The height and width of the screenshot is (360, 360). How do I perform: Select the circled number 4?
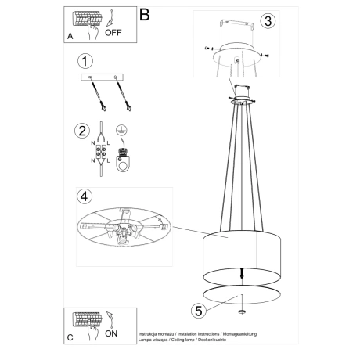pos(87,195)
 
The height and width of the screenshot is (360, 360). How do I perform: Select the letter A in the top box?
pos(70,36)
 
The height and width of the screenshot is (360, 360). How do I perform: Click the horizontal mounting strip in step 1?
pos(104,77)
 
